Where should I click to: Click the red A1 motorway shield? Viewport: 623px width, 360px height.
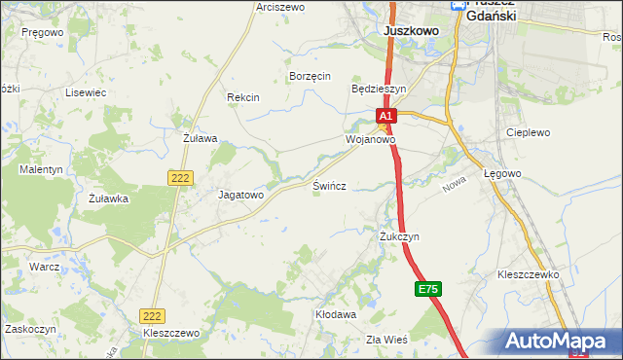385,116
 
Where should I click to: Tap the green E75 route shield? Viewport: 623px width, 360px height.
428,289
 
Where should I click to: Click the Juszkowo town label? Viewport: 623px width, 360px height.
412,31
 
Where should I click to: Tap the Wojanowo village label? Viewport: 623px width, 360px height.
370,140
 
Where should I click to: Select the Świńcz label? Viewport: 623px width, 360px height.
329,184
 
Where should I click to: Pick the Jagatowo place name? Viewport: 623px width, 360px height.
240,195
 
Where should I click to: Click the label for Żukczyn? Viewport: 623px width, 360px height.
399,236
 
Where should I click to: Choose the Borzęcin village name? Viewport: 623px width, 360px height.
311,76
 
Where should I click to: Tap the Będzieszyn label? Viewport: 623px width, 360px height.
378,88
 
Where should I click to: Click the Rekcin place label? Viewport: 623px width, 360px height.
242,97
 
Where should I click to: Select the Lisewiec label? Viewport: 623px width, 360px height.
85,92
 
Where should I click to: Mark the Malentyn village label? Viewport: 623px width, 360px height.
41,169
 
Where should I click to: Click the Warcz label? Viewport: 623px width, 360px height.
45,266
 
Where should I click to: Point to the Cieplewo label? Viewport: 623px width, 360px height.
529,132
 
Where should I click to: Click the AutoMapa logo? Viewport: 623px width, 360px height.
558,342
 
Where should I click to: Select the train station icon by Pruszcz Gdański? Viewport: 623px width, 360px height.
458,6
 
